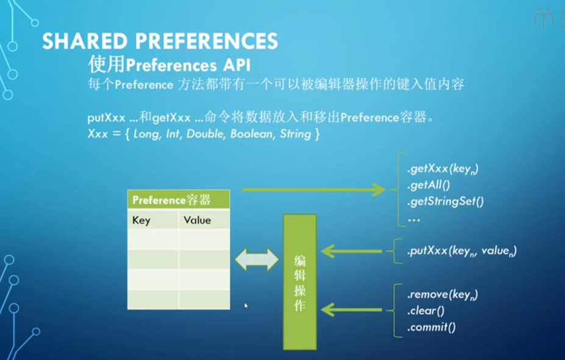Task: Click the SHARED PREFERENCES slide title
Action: tap(160, 41)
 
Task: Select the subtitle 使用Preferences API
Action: tap(169, 64)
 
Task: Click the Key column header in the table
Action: tap(141, 220)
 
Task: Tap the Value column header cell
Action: tap(197, 220)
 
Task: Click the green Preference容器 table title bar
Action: tap(178, 200)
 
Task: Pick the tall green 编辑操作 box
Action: tap(300, 281)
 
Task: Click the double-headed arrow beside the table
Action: tap(257, 259)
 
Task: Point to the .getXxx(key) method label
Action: tap(442, 169)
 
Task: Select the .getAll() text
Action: tap(432, 185)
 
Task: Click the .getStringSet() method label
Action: tap(445, 201)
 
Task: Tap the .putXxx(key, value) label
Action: tap(461, 250)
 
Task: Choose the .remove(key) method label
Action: tap(442, 295)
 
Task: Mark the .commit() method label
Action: tap(432, 327)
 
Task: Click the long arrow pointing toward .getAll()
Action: tap(313, 189)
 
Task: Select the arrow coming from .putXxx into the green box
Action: tap(351, 250)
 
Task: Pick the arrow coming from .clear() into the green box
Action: tap(351, 309)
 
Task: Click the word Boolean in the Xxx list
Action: tap(251, 134)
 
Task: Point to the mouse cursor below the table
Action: tap(246, 305)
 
